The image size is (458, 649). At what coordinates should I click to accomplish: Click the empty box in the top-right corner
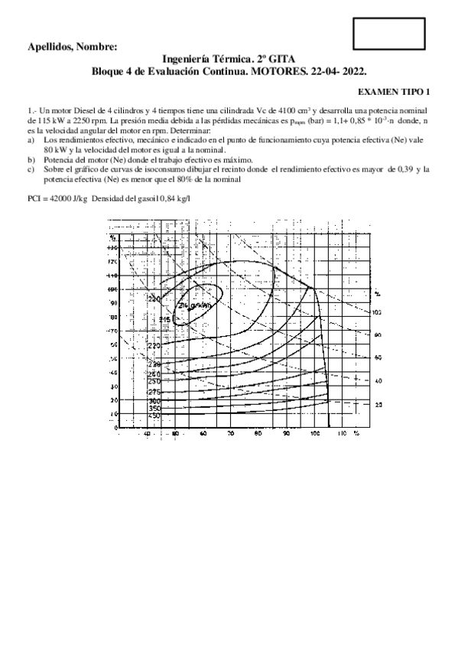(x=389, y=32)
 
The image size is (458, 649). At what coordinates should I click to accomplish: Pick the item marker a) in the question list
(x=31, y=142)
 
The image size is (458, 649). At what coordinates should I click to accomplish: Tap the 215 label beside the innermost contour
(x=164, y=319)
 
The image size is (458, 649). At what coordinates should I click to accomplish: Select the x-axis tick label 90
(x=286, y=433)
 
